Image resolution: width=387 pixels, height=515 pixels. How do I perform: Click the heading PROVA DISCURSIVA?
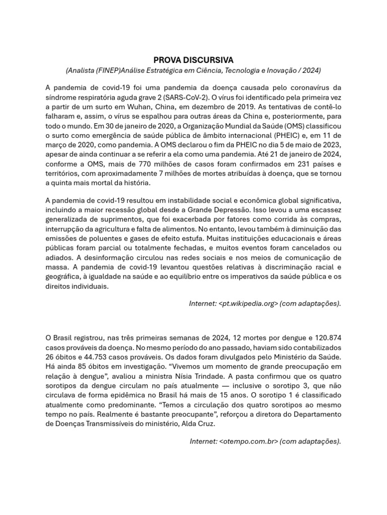[193, 60]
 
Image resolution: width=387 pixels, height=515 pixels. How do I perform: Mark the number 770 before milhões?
[141, 164]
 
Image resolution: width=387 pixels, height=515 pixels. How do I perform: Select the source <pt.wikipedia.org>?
[248, 303]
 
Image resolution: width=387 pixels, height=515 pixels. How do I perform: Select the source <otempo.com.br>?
[249, 441]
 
